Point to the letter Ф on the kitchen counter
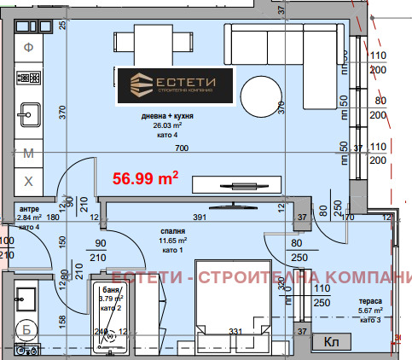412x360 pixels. pos(28,47)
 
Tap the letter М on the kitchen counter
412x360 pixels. pos(28,154)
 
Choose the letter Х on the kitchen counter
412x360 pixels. pos(28,181)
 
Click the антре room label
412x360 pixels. pos(28,208)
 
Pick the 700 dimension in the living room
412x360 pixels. pos(181,148)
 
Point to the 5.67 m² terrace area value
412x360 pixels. pos(370,311)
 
